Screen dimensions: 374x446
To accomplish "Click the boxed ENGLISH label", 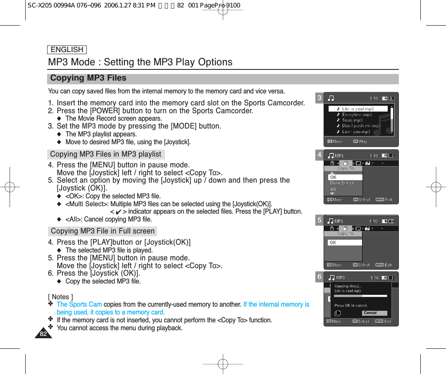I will tap(67, 50).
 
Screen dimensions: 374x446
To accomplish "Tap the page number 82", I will tap(43, 334).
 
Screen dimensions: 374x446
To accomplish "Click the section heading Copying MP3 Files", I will tap(88, 78).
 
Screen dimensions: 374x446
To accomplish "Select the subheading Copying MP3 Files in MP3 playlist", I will tap(105, 154).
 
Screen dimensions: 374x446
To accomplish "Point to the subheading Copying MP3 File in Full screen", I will tap(103, 231).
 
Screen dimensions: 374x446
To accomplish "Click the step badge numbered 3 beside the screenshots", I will tap(320, 98).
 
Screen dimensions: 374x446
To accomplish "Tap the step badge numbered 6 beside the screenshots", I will tap(320, 277).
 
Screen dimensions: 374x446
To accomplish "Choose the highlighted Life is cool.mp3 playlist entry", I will tap(358, 109).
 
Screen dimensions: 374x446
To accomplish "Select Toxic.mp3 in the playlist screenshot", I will tap(352, 120).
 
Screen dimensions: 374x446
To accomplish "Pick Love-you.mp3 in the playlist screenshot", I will tap(356, 132).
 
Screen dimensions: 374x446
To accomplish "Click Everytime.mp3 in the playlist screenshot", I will tap(357, 114).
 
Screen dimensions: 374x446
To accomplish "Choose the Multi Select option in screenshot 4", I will tap(342, 183).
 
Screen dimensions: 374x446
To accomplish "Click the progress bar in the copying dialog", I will tap(360, 296).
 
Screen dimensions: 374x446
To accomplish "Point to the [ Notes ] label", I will tap(60, 296).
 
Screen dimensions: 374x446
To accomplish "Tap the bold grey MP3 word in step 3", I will tap(89, 126).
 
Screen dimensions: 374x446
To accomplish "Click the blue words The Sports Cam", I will tap(79, 305).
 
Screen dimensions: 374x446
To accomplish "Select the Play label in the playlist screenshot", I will tap(363, 141).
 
